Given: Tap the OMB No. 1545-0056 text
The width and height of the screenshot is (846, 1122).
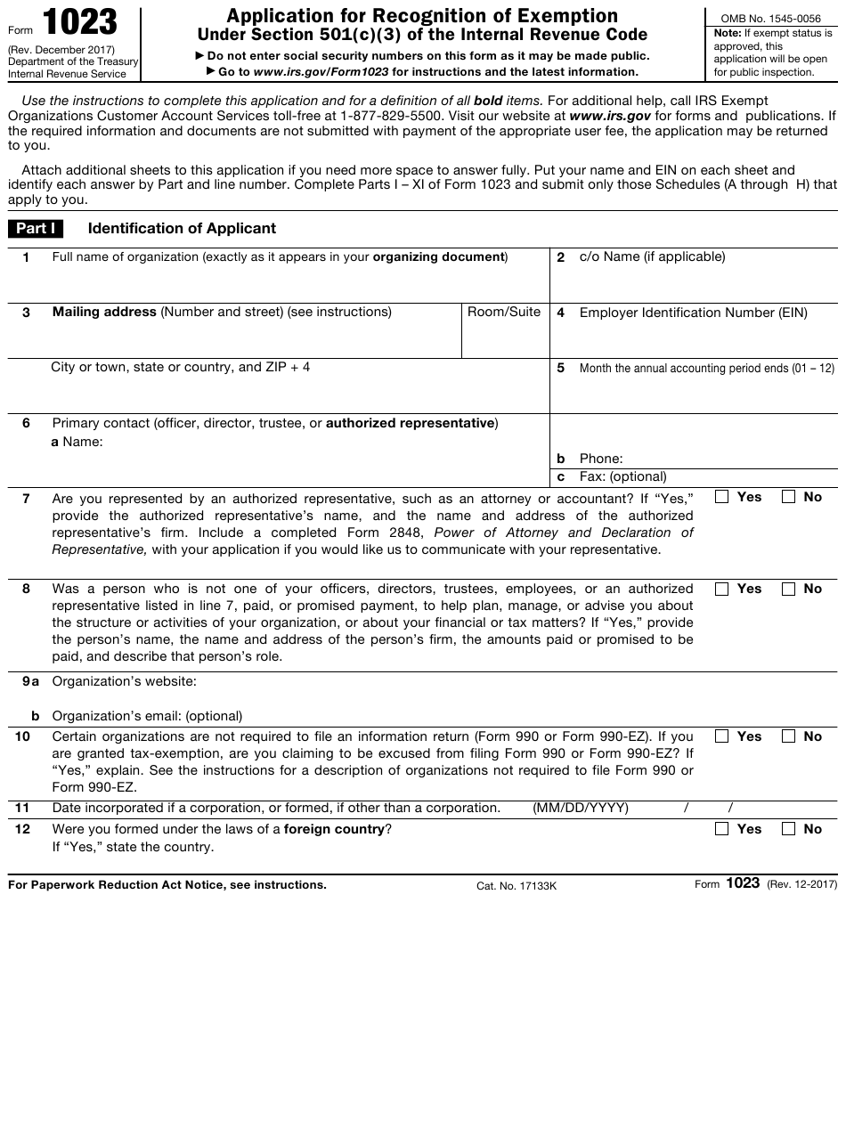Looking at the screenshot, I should (770, 17).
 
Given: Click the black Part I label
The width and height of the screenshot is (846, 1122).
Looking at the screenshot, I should (37, 229).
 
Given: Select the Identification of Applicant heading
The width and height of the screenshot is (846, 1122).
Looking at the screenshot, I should (182, 229).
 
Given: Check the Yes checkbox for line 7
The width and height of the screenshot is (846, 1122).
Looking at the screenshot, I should (722, 498).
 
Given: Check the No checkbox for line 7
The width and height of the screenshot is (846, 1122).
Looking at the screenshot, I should (789, 498).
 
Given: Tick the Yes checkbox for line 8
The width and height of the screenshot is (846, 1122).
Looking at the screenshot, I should (722, 589).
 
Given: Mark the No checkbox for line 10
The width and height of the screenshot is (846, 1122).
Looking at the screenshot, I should (789, 737).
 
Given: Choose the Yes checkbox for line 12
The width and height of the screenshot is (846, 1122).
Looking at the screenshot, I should (722, 830).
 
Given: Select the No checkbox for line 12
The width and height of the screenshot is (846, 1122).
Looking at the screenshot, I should (789, 830).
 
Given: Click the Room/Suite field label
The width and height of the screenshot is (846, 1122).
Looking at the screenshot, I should (504, 313).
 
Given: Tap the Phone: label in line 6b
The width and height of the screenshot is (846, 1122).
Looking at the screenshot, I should (601, 459).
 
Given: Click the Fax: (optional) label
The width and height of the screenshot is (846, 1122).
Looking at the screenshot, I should (622, 477).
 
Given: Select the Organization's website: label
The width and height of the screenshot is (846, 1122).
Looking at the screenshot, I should (124, 682).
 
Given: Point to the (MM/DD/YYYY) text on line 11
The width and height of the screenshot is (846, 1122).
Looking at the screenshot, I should (581, 809).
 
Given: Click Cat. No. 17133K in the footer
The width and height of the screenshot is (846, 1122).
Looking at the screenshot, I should (517, 886).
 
